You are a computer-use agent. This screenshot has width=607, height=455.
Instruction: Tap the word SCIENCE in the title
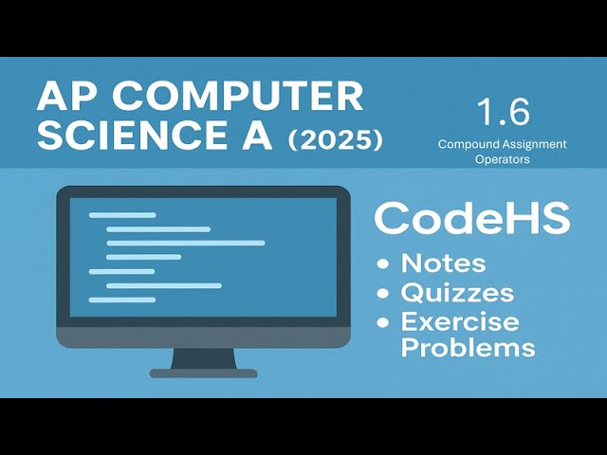[133, 137]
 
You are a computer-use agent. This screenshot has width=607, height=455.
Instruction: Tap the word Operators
[502, 159]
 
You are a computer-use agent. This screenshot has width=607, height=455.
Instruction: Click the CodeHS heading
[471, 218]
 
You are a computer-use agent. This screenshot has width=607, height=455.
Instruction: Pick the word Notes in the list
[443, 264]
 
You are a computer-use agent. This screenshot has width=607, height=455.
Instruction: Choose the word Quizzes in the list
[457, 292]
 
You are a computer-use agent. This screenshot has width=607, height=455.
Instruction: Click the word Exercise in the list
[459, 320]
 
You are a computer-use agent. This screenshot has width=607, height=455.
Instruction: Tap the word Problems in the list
[468, 347]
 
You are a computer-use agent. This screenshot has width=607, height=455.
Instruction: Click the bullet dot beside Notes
[382, 264]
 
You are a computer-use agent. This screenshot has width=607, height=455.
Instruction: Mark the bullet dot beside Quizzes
[382, 293]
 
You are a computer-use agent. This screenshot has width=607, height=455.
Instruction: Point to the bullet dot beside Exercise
[382, 321]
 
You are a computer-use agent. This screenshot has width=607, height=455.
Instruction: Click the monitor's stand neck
[204, 357]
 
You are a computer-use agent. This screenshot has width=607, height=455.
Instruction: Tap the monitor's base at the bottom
[204, 373]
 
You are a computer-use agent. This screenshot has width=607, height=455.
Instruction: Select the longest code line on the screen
[185, 243]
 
